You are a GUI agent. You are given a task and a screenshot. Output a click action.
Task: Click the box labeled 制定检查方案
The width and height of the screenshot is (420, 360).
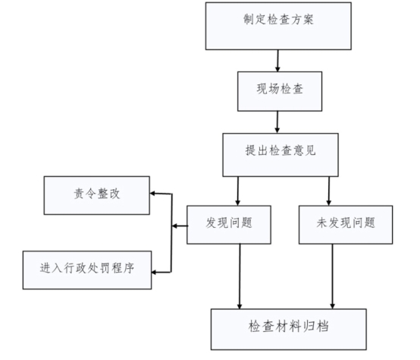(x=278, y=26)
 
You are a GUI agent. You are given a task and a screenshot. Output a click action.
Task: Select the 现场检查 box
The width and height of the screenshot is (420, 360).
(x=280, y=91)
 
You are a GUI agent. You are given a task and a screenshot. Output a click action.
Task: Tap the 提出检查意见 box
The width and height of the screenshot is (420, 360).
(x=281, y=155)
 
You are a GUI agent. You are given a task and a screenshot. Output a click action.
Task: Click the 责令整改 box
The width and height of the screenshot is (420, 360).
(x=97, y=195)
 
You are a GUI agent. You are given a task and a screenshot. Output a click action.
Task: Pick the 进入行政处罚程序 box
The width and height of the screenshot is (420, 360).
(x=87, y=270)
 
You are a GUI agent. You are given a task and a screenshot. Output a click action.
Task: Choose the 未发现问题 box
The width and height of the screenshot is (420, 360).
(x=346, y=225)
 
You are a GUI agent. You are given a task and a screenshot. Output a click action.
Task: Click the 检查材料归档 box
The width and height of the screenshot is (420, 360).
(x=289, y=329)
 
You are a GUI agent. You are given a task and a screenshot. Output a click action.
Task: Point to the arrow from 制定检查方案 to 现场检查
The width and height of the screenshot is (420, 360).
(x=277, y=61)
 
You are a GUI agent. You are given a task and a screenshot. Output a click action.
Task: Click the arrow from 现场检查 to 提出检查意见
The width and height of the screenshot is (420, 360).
(x=277, y=122)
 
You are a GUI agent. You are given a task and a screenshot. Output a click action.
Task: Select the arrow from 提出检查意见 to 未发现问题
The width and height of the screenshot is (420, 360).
(x=329, y=191)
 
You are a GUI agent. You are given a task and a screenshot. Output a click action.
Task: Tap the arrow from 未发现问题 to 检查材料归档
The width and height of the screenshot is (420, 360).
(x=332, y=276)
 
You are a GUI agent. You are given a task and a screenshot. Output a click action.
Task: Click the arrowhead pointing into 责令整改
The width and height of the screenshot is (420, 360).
(x=152, y=193)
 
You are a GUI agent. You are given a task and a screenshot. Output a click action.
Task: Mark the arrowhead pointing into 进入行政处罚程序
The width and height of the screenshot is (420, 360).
(x=154, y=273)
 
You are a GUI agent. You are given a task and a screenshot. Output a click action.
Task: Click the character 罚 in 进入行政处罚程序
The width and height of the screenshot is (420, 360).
(x=105, y=267)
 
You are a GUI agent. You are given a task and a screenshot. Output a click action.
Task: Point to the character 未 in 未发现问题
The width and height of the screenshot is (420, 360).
(x=322, y=223)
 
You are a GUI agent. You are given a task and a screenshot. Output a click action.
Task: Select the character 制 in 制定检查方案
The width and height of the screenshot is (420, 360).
(x=249, y=19)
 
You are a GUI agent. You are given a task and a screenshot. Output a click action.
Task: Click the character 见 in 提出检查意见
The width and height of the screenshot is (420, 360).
(x=310, y=150)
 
